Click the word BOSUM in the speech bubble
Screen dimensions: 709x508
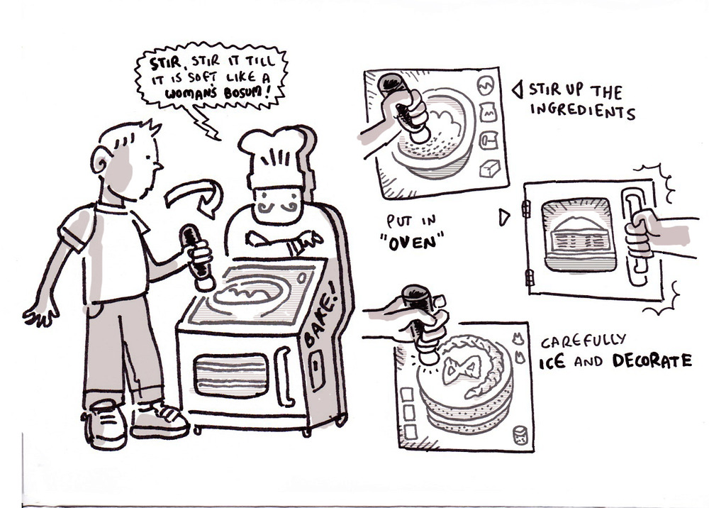pyautogui.click(x=243, y=93)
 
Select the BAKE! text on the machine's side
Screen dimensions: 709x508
pyautogui.click(x=320, y=315)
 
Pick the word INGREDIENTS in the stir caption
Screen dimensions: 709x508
pyautogui.click(x=582, y=111)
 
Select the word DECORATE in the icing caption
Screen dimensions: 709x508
pyautogui.click(x=652, y=360)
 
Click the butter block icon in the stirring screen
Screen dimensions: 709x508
pyautogui.click(x=489, y=169)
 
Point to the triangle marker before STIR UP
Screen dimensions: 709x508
pyautogui.click(x=518, y=89)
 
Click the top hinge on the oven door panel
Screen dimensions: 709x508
pyautogui.click(x=526, y=208)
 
